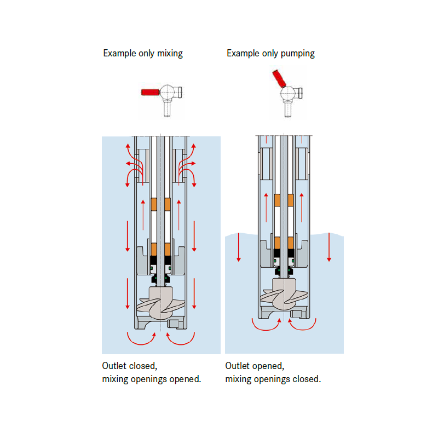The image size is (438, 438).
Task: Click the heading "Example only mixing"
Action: [143, 54]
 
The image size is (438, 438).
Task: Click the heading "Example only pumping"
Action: [270, 54]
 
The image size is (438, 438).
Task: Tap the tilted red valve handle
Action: [278, 78]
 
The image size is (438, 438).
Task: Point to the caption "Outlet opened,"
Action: [254, 366]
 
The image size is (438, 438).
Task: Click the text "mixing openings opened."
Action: [152, 379]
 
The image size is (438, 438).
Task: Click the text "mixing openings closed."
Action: [273, 379]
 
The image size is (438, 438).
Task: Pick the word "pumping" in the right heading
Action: [297, 54]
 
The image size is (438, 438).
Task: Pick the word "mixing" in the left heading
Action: [170, 54]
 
